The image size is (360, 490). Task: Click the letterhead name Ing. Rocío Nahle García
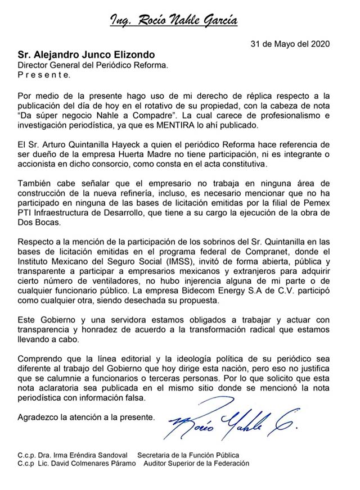[x=173, y=22]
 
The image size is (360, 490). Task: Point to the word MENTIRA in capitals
[x=209, y=124]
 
